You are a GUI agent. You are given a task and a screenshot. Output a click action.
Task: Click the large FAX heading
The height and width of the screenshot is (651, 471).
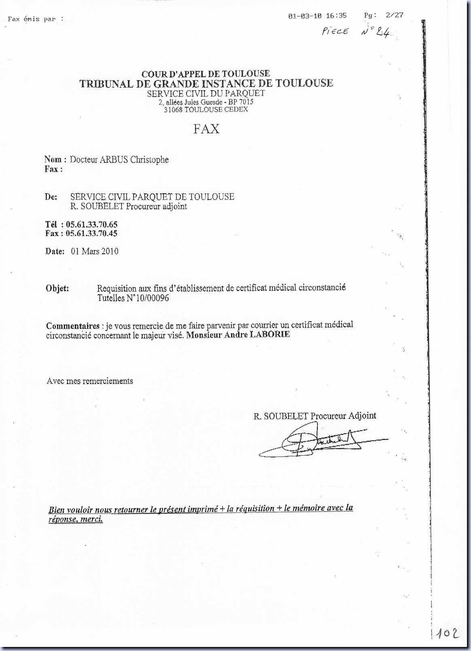[206, 129]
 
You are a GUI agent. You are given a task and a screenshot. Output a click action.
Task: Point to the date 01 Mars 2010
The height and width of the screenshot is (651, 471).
[95, 251]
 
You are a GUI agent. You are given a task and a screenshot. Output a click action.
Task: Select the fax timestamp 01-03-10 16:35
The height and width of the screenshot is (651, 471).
[318, 16]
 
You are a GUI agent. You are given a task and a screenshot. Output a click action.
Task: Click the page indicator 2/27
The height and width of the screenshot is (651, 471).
[395, 15]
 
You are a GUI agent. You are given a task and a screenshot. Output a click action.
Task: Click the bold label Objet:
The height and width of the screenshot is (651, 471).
[57, 289]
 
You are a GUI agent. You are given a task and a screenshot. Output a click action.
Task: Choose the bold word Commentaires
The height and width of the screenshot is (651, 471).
[73, 326]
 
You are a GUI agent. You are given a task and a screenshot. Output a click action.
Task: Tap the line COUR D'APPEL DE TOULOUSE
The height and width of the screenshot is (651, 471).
[206, 74]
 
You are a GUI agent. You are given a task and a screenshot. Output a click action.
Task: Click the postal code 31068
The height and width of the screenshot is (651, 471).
[173, 110]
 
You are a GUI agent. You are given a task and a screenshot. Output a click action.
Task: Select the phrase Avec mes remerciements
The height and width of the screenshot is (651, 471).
[90, 381]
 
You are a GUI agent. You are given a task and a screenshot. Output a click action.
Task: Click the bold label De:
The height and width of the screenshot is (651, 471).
[51, 197]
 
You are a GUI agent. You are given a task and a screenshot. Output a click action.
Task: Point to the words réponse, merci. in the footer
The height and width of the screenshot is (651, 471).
[76, 519]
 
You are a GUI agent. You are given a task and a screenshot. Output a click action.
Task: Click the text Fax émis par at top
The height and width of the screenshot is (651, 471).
[36, 19]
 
